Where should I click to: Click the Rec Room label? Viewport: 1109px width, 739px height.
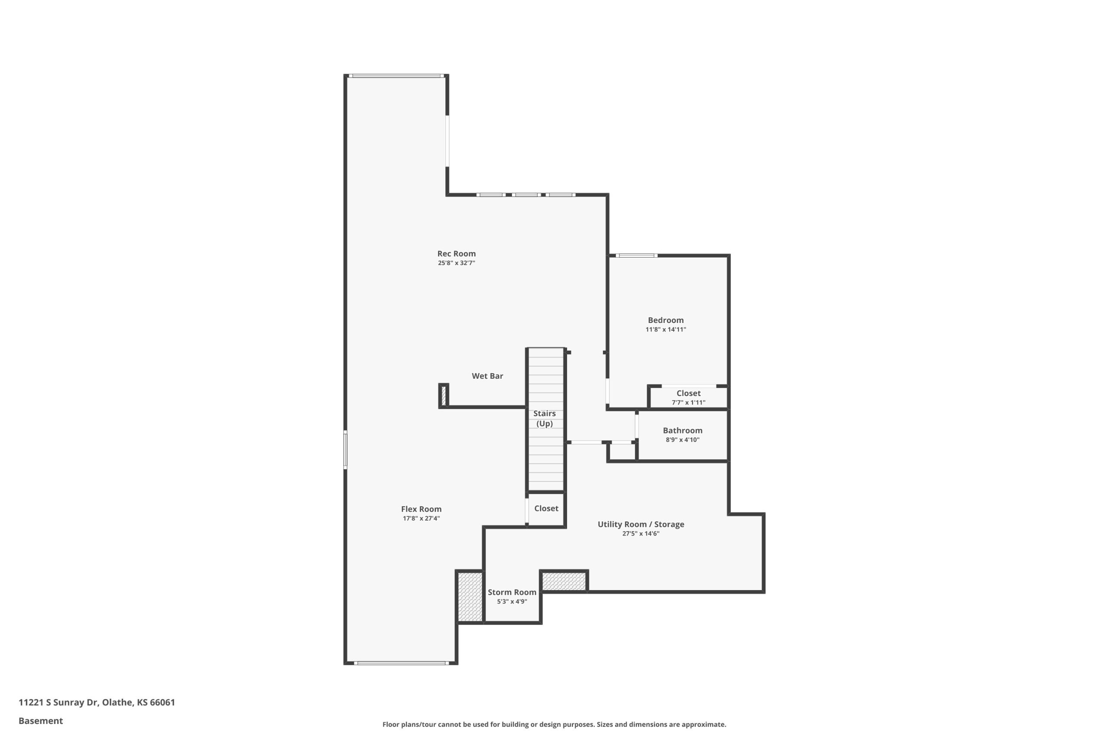tap(456, 254)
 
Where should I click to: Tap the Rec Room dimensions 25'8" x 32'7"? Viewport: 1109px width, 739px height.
tap(456, 263)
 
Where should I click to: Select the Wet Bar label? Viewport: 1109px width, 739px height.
tap(487, 376)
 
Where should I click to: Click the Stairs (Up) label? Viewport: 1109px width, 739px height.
tap(544, 419)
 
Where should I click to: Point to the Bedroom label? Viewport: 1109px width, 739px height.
tap(665, 320)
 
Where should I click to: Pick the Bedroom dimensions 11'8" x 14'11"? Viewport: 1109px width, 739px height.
tap(665, 329)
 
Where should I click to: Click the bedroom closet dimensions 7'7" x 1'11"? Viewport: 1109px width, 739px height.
tap(688, 403)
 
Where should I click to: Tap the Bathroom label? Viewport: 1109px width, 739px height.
tap(682, 430)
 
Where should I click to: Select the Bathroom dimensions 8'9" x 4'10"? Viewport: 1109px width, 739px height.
tap(682, 440)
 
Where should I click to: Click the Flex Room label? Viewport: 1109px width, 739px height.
tap(421, 509)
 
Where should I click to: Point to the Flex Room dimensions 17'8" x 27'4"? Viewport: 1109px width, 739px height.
tap(421, 519)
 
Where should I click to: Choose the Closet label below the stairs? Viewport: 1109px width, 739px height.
tap(546, 508)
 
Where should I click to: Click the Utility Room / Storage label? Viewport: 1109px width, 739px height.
tap(641, 524)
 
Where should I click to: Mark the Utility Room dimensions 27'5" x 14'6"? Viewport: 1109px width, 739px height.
tap(640, 533)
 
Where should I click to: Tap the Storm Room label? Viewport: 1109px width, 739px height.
tap(512, 592)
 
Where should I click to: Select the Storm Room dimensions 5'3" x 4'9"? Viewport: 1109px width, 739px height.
tap(512, 601)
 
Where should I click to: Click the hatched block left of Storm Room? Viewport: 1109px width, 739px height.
tap(470, 597)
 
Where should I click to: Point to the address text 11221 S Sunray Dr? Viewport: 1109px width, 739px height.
tap(58, 702)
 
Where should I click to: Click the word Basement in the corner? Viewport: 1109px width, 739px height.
tap(41, 721)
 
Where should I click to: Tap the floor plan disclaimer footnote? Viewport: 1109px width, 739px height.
tap(554, 724)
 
